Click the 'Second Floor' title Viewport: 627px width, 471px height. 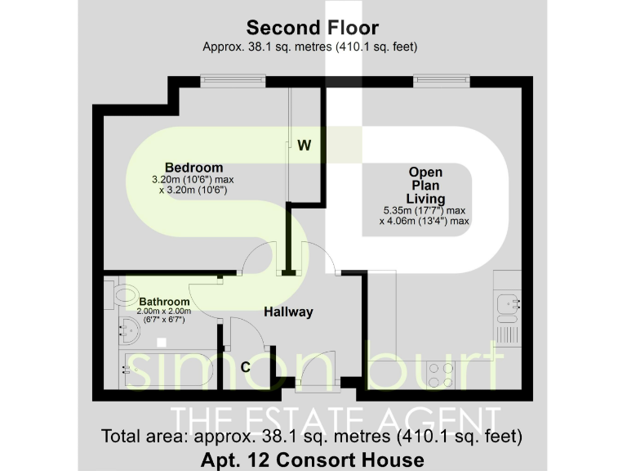[x=313, y=29]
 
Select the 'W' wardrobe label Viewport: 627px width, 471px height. [x=304, y=146]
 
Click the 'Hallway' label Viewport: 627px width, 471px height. [x=288, y=312]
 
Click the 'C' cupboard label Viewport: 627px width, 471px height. [x=245, y=367]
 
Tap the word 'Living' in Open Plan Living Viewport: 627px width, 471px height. [x=425, y=199]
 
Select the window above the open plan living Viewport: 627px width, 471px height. [x=440, y=79]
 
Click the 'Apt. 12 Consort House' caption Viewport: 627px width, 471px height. [x=313, y=460]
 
